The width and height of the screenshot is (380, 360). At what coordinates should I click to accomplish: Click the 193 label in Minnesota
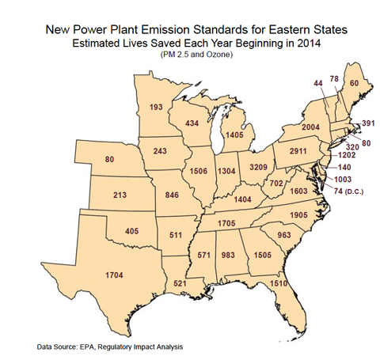click(155, 107)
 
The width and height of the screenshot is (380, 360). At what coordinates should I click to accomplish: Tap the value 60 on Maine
click(354, 83)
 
